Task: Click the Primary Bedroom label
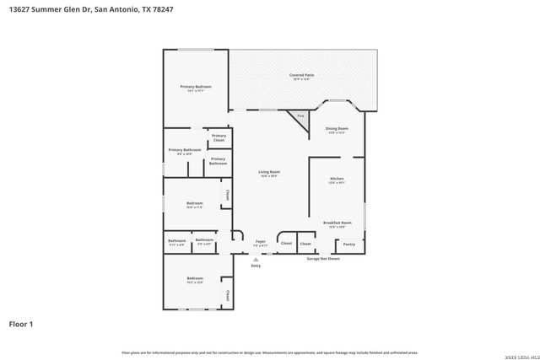tap(195, 87)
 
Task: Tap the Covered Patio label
tap(302, 75)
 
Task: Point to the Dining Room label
tap(337, 128)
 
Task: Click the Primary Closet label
tap(219, 137)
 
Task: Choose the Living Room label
tap(269, 172)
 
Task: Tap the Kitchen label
tap(337, 179)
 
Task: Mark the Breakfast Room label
tap(337, 223)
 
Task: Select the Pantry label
tap(349, 244)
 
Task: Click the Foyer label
tap(260, 242)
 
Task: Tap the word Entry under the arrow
tap(256, 266)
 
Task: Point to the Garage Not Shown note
tap(322, 259)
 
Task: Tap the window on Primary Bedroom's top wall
tap(195, 50)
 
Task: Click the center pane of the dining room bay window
tap(337, 102)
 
